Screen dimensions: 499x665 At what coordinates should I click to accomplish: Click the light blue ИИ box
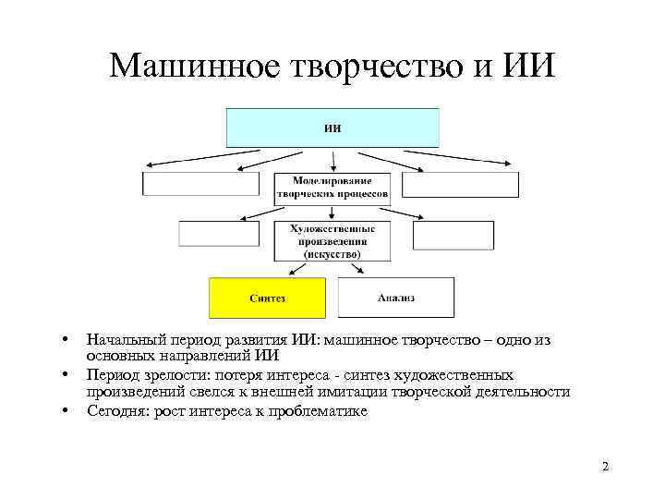click(332, 128)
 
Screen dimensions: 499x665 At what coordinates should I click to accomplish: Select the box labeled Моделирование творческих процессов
click(332, 189)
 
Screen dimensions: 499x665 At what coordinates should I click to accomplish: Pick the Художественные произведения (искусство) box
click(332, 239)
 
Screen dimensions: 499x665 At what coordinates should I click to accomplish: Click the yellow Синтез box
click(268, 298)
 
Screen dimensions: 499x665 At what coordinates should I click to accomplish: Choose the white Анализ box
click(396, 298)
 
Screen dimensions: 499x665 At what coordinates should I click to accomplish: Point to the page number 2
click(605, 467)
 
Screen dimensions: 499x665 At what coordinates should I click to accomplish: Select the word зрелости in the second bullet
click(169, 375)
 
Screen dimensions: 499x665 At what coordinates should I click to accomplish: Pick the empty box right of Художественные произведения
click(440, 235)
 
